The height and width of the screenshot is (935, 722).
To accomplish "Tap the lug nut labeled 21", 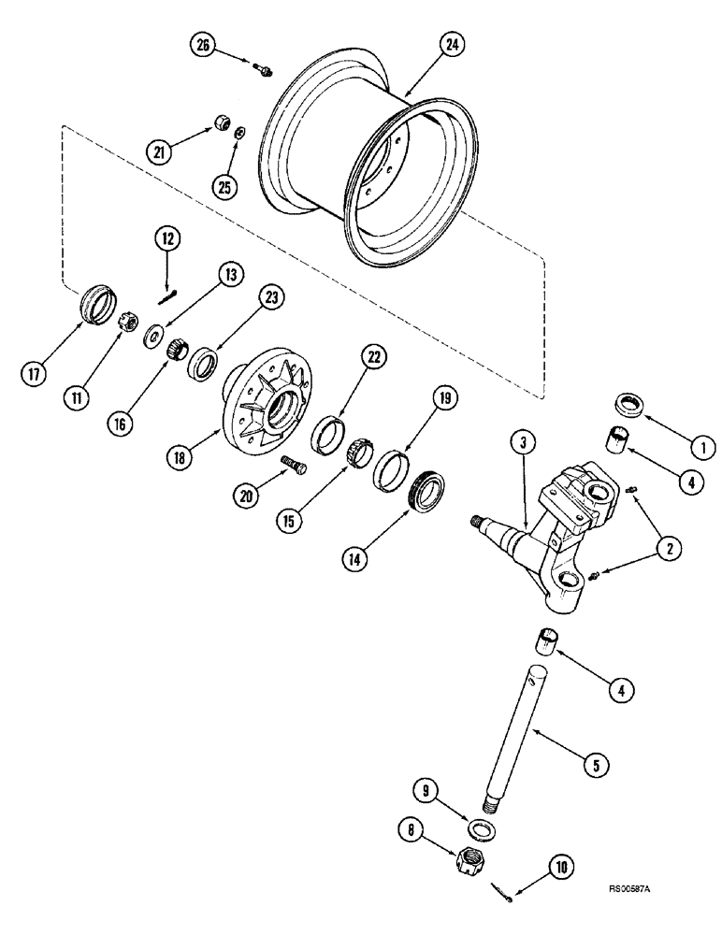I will [x=224, y=122].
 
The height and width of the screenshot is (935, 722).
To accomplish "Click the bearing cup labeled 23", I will [x=203, y=362].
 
